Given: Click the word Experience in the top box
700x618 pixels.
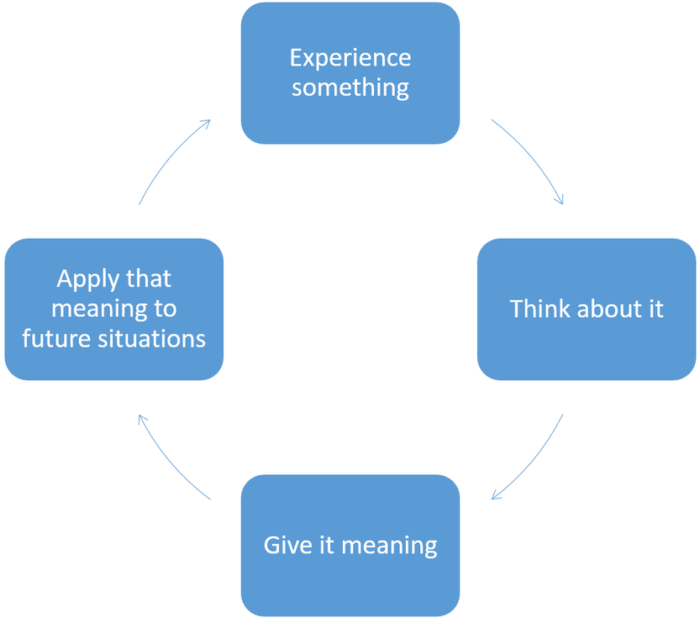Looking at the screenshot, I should tap(350, 58).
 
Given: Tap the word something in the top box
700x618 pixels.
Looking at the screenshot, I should tap(350, 87).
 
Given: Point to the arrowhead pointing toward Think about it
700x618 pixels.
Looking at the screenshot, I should tap(559, 199).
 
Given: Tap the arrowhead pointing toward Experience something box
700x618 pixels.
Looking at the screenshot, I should tap(204, 123).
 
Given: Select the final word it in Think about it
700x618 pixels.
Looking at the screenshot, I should tap(655, 309).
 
